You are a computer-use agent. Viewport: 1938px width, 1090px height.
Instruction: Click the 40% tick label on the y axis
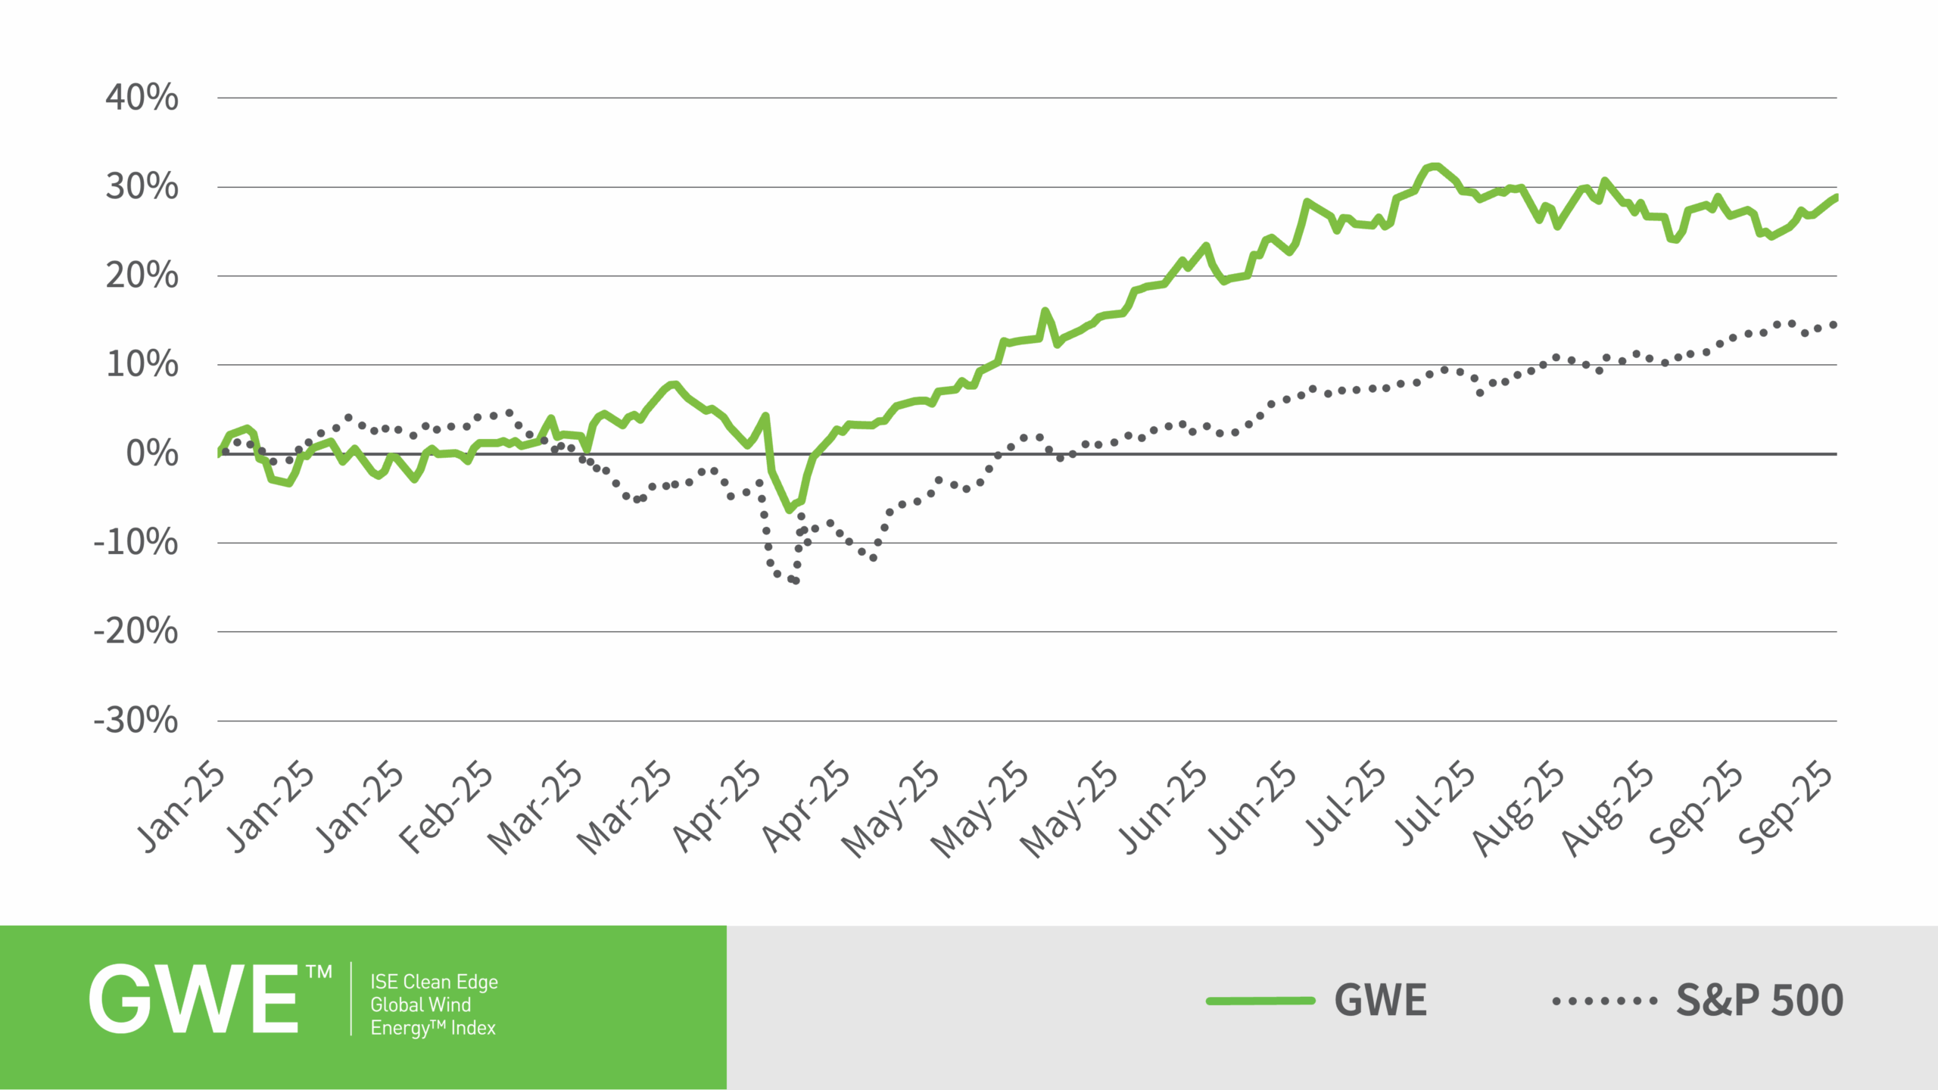point(142,98)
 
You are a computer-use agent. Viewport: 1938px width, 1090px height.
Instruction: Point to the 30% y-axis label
point(142,186)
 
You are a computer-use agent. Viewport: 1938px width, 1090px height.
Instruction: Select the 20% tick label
point(142,276)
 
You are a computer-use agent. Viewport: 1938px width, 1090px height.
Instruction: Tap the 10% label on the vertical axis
point(142,365)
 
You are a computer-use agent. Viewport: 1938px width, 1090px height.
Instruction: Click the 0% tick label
point(151,453)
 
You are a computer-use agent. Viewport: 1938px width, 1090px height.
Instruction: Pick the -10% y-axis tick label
point(136,543)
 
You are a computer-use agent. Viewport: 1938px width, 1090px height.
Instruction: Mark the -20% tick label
point(136,631)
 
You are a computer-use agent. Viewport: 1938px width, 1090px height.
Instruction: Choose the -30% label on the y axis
point(136,721)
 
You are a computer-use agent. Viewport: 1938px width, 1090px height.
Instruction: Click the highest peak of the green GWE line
point(1433,167)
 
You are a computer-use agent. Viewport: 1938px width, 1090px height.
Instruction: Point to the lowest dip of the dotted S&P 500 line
point(795,581)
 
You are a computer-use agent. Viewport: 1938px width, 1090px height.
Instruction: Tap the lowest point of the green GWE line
point(790,510)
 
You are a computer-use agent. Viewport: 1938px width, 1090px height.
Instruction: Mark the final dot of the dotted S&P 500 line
point(1834,325)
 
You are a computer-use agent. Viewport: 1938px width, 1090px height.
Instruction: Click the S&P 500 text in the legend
point(1759,1001)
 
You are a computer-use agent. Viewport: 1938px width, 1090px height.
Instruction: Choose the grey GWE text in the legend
point(1380,1001)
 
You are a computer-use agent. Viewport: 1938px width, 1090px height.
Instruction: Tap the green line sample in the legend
point(1260,1001)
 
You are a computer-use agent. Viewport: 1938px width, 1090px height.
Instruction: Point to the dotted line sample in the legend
point(1604,1001)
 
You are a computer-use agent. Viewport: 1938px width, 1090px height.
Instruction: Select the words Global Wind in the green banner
point(420,1004)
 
